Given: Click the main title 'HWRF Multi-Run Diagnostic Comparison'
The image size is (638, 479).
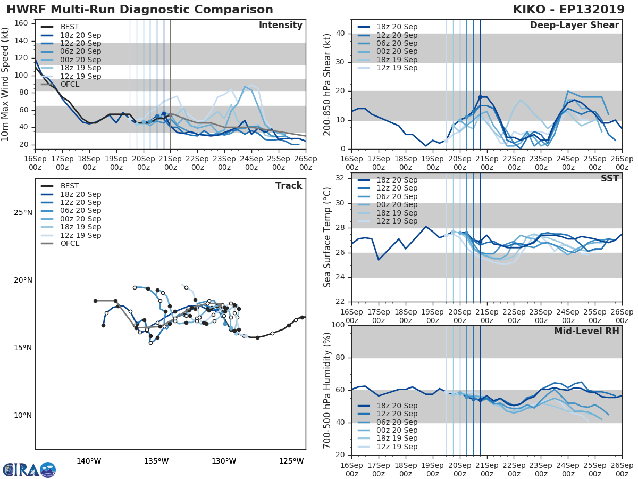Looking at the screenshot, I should coord(140,10).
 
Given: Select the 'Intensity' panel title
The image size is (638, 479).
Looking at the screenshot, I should coord(280,26).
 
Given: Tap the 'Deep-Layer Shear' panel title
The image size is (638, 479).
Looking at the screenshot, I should coord(574,26).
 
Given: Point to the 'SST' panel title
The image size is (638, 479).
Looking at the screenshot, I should coord(609,178).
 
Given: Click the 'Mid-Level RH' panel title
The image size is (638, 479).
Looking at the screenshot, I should coord(586,331).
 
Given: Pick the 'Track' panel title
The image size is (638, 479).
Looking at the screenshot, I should coord(289,186).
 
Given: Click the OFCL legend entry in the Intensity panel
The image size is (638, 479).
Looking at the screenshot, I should coord(69,85).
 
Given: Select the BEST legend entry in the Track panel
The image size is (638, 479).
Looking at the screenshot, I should coord(69,186).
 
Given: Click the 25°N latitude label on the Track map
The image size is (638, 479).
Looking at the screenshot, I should coord(23,213).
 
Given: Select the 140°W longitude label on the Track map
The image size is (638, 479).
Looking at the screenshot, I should coord(89,461).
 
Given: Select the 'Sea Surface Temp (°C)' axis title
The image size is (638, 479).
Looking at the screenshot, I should coord(328,237).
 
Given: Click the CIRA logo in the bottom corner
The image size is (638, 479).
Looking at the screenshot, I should coord(29,469).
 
